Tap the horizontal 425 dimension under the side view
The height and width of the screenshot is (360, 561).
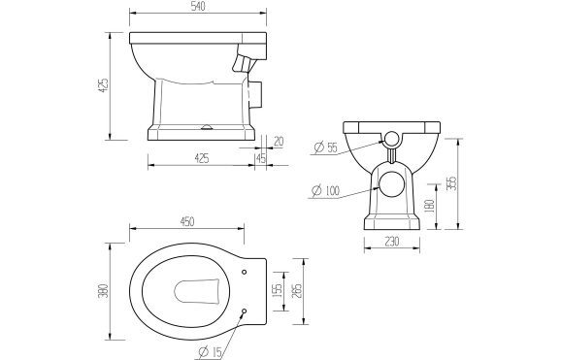pyautogui.click(x=203, y=158)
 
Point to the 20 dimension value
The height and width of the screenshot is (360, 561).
pyautogui.click(x=278, y=141)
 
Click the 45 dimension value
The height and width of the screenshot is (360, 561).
pyautogui.click(x=260, y=158)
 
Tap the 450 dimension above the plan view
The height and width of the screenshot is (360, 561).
pyautogui.click(x=194, y=220)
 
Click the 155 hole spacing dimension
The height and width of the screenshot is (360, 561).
pyautogui.click(x=276, y=290)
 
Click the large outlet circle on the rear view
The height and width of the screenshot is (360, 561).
pyautogui.click(x=392, y=183)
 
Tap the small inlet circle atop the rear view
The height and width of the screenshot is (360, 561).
pyautogui.click(x=390, y=138)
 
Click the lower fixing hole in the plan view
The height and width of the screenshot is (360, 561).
pyautogui.click(x=243, y=311)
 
